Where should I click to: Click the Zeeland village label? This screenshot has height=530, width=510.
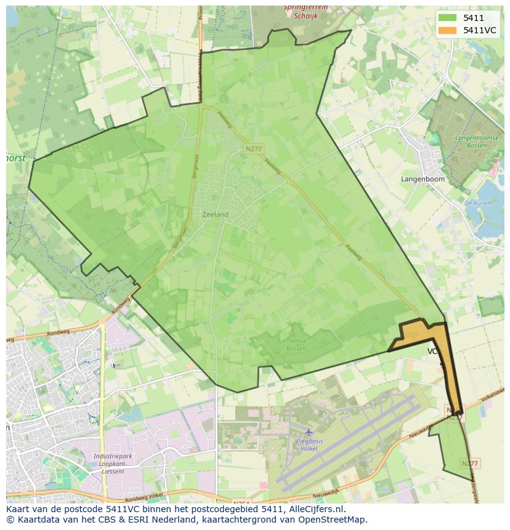[x=215, y=214]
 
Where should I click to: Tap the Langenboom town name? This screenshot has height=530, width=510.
[x=423, y=179]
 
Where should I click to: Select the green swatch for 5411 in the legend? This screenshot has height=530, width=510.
[x=448, y=18]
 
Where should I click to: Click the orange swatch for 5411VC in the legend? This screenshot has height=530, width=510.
[x=448, y=30]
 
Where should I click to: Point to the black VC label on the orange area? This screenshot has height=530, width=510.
[x=432, y=351]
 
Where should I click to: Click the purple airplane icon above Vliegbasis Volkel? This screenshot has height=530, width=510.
[x=309, y=432]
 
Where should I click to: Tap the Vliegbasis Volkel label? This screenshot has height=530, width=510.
[x=309, y=444]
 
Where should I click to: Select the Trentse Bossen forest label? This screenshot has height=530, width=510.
[x=296, y=345]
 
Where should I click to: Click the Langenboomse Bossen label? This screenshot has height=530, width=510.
[x=476, y=142]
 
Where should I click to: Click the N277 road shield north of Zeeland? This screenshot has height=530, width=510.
[x=253, y=149]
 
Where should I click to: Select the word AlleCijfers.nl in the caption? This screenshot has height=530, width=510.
[x=314, y=510]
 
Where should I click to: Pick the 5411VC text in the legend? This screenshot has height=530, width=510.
[x=479, y=30]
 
